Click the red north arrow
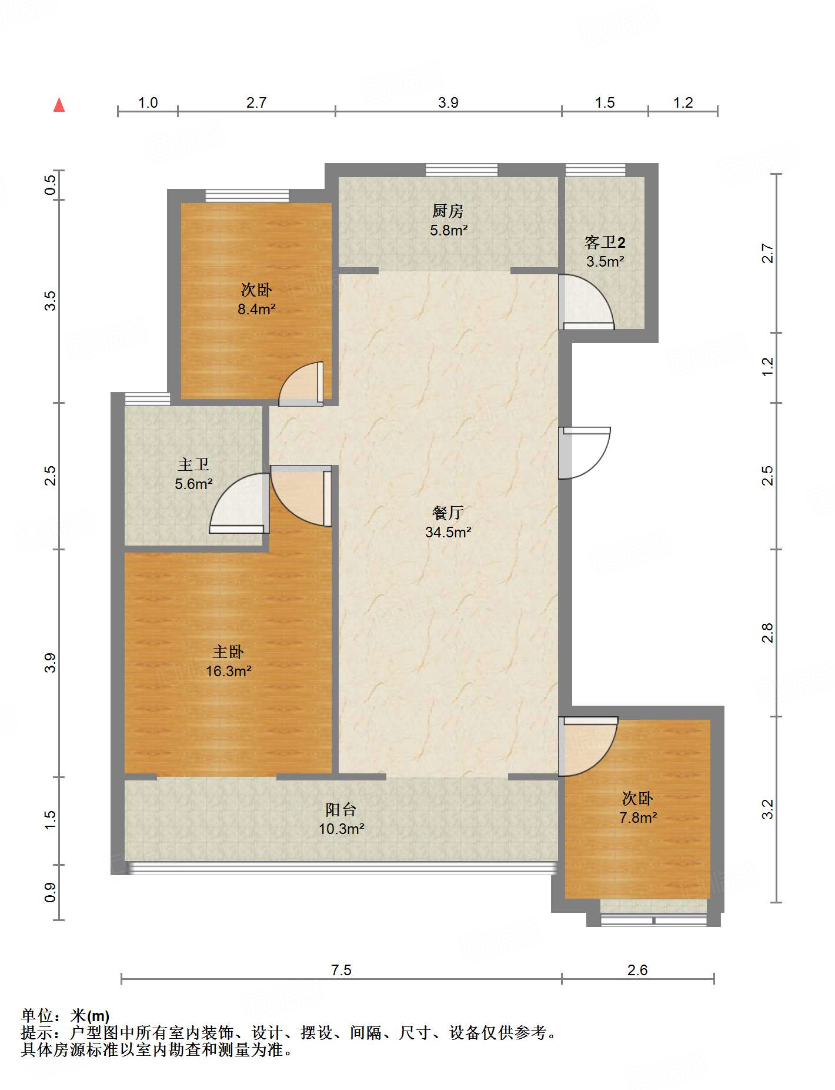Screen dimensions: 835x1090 tap(59, 105)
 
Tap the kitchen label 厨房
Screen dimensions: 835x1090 tap(448, 211)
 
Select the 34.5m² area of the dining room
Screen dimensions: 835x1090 tap(448, 532)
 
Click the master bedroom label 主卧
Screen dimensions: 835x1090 tap(228, 652)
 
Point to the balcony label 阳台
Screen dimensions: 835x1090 tap(341, 810)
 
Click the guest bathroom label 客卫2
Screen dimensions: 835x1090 tap(605, 242)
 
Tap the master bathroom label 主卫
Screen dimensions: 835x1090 tap(193, 465)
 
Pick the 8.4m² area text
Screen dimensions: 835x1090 tap(256, 309)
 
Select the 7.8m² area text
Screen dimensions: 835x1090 tap(638, 817)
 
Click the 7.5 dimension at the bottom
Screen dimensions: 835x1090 tap(341, 970)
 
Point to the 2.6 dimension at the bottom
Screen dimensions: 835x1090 tap(637, 970)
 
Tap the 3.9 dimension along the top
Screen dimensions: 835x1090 tap(448, 103)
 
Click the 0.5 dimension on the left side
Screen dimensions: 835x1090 tap(51, 185)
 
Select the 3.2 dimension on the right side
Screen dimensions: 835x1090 tap(767, 809)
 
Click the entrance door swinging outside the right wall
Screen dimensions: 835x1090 tap(584, 453)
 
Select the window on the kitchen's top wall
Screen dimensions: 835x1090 tap(462, 170)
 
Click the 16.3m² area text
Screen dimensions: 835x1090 tap(229, 671)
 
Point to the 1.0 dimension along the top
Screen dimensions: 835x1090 tap(148, 103)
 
